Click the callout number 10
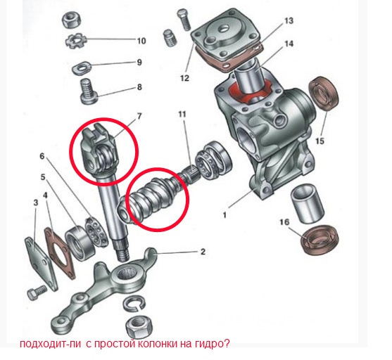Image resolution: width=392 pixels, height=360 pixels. (x=141, y=41)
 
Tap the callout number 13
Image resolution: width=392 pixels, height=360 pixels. (x=289, y=20)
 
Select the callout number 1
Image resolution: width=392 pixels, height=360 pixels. (x=225, y=214)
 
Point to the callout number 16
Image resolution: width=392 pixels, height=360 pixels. (x=284, y=222)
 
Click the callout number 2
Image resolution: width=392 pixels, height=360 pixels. (x=203, y=252)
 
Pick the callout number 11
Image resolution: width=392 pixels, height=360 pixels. (x=182, y=115)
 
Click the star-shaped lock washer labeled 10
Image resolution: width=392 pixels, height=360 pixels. (x=76, y=40)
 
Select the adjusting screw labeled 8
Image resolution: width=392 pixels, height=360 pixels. (x=89, y=91)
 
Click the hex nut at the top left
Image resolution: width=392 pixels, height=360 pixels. (x=71, y=20)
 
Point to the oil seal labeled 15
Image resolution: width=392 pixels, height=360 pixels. (x=324, y=94)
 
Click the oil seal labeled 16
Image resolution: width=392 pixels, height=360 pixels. (x=320, y=240)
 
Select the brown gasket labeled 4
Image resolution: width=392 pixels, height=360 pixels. (x=60, y=252)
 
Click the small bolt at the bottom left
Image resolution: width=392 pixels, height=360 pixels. (x=37, y=292)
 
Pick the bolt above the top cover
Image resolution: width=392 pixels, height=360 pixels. (x=184, y=19)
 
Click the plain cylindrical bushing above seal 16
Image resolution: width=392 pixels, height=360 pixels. (x=308, y=203)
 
